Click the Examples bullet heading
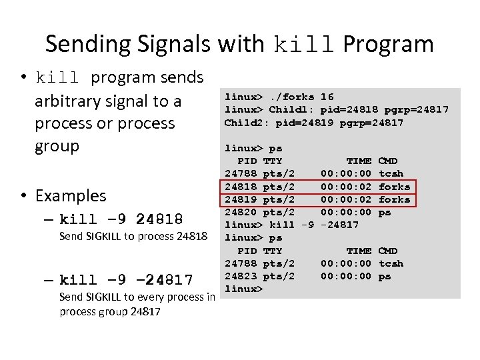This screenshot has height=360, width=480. (x=70, y=195)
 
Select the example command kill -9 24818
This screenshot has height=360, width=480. (x=121, y=219)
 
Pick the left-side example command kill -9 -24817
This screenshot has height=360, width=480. (x=126, y=279)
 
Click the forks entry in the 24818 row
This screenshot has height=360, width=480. (x=394, y=187)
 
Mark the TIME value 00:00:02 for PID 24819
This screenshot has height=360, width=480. (x=346, y=199)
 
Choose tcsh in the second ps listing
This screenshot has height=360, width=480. (x=391, y=263)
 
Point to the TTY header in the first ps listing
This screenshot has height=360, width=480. (x=273, y=161)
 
